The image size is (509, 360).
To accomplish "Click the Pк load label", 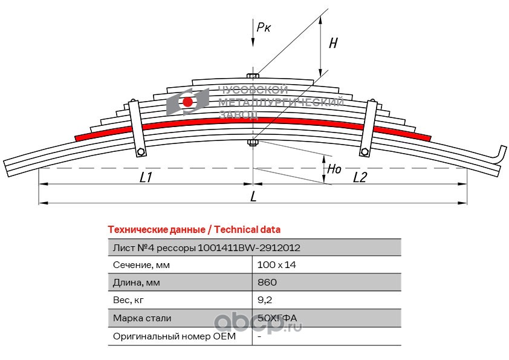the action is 264,27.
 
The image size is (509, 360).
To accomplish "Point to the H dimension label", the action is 333,43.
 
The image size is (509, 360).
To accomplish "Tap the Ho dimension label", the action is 334,169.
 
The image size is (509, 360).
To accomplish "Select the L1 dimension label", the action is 146,177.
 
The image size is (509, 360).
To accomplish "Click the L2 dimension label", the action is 360,177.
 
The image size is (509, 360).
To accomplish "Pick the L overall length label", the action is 253,196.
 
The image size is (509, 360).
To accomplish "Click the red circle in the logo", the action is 187,102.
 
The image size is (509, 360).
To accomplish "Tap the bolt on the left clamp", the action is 141,152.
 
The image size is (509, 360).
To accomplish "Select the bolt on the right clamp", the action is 365,151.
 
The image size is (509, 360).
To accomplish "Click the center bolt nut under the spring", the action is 253,142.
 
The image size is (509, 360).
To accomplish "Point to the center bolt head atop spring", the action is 253,76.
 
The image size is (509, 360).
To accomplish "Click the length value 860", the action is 267,282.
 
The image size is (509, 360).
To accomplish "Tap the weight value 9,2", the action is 265,300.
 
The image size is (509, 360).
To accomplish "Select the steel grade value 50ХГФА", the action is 277,318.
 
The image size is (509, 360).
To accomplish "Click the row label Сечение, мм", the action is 141,265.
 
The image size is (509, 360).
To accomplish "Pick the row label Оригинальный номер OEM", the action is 174,336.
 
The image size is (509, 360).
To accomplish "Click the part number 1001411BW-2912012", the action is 249,248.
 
